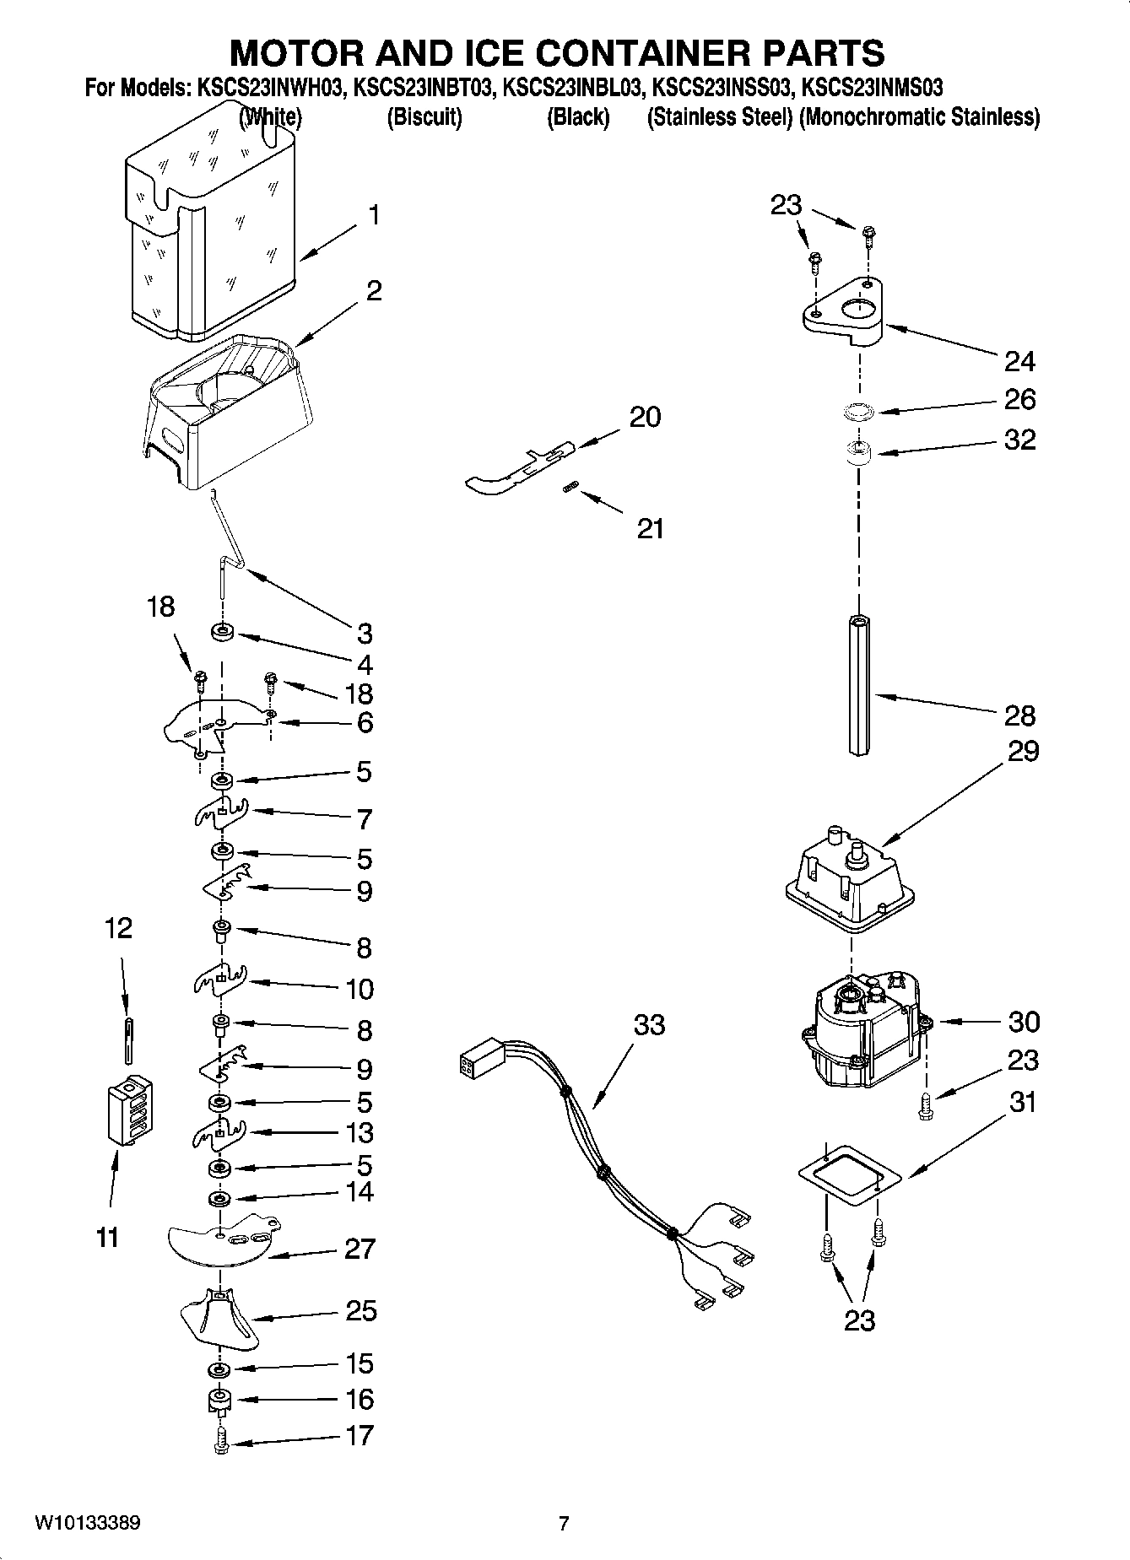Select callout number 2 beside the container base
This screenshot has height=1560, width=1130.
(x=373, y=291)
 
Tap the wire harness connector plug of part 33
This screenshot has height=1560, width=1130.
(x=479, y=1066)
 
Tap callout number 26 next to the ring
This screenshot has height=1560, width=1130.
(x=1019, y=399)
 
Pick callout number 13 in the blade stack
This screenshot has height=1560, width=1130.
(x=360, y=1132)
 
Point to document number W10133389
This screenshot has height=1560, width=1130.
(x=88, y=1524)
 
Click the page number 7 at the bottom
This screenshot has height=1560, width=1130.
(x=564, y=1524)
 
